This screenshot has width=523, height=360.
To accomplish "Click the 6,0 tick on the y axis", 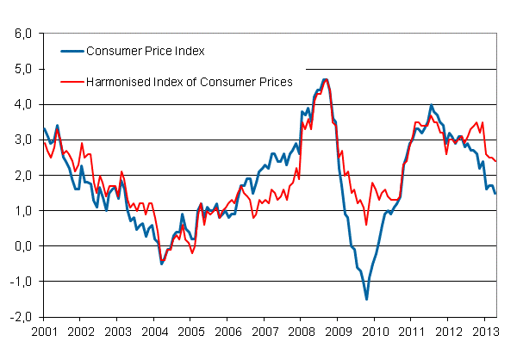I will [x=22, y=34].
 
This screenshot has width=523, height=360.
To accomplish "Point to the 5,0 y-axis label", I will [x=22, y=69].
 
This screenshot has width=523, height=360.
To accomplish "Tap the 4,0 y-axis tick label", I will [x=22, y=104].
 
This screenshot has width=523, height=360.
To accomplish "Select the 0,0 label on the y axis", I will [x=22, y=245].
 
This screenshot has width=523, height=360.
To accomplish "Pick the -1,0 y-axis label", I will [x=21, y=281].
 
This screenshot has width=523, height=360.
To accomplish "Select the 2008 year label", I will [x=301, y=331].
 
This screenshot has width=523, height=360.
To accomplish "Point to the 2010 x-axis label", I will [x=375, y=331].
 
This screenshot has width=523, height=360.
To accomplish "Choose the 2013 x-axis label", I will [x=485, y=331].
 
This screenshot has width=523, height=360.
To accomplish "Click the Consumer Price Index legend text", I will [x=145, y=51].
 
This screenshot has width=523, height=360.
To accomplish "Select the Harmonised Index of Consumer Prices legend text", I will [x=190, y=82].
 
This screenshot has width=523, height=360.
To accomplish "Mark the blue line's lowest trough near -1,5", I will [x=366, y=299].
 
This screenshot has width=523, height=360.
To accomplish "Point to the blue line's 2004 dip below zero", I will [x=161, y=264].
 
